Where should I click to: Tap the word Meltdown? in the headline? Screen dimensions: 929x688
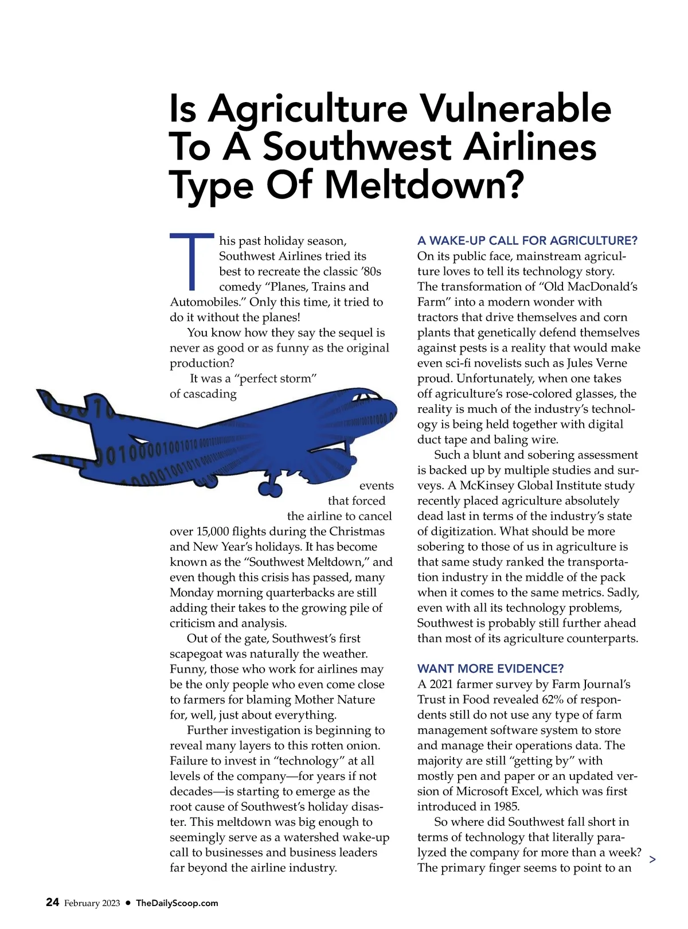424,185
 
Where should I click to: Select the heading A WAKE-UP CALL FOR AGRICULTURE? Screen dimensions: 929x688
527,241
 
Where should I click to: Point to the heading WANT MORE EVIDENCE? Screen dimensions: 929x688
490,669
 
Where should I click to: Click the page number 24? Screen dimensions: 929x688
52,902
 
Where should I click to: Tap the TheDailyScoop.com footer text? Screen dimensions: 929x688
177,903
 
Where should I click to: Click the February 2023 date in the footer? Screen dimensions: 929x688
92,903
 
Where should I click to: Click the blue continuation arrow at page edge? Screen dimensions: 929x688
652,859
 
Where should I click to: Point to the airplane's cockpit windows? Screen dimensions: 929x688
367,397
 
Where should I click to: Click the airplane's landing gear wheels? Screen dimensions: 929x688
269,488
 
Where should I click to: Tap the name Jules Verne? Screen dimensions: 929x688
597,364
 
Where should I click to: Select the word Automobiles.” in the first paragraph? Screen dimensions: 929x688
208,302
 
